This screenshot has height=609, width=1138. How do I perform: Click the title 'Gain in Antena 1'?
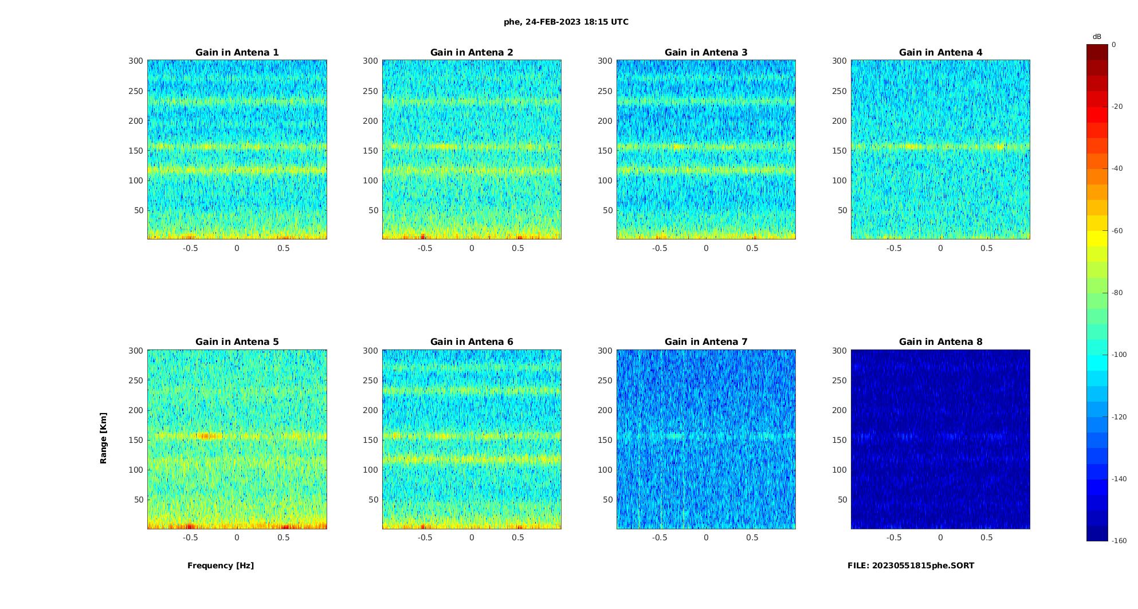[237, 53]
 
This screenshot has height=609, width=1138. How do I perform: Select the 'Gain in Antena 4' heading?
[940, 53]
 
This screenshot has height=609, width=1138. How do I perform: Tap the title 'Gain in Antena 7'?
[706, 342]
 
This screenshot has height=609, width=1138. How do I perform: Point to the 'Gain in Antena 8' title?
[940, 342]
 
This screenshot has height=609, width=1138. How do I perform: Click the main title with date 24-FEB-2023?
[566, 22]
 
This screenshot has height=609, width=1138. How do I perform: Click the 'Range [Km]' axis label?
[103, 438]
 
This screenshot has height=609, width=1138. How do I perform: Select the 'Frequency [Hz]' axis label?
[221, 565]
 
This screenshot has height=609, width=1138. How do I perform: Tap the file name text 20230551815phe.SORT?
[911, 565]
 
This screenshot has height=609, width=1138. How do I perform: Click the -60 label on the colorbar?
[1117, 231]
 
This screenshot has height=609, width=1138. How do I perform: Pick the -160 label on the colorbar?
[1119, 541]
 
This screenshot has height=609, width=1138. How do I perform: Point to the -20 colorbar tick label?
[1117, 107]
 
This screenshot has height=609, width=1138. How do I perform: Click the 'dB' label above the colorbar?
[1097, 37]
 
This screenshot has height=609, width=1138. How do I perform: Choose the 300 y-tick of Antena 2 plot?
[370, 61]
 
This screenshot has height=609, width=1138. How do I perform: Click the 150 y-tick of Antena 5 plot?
[136, 440]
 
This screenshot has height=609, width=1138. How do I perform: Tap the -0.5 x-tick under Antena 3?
[660, 248]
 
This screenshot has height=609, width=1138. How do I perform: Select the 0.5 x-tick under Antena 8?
[987, 537]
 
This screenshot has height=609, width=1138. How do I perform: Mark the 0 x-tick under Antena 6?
[472, 537]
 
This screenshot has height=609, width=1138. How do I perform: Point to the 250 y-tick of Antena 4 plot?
[839, 91]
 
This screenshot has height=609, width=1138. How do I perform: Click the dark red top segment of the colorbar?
[1097, 52]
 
